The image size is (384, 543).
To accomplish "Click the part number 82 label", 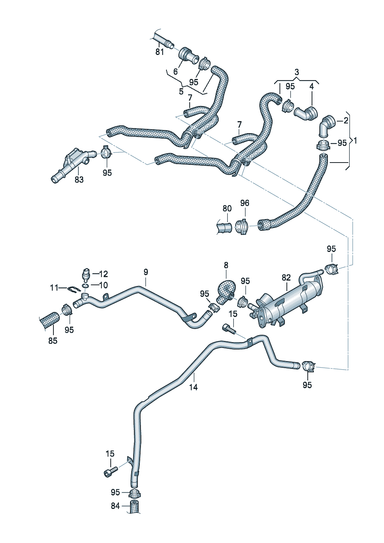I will click(286, 277).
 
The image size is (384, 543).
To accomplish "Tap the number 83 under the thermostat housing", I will click(79, 180).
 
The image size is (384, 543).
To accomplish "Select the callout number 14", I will click(194, 387).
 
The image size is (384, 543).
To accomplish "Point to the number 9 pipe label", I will click(146, 272).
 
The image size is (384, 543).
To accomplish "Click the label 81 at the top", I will click(159, 51).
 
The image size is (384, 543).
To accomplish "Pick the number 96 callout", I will click(245, 203).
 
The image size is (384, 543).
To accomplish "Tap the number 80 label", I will click(227, 209).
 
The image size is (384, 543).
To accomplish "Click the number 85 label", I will click(53, 341).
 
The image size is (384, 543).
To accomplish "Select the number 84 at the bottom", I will click(115, 506).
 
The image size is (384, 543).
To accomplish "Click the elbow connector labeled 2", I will click(326, 125).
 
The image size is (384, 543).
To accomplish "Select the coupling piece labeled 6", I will click(187, 56).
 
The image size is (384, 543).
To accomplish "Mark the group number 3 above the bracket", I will click(297, 72).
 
